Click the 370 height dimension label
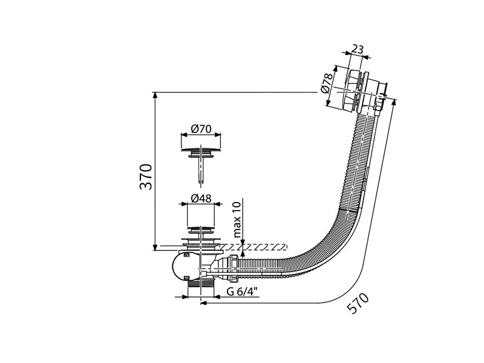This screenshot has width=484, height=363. pos(146,177)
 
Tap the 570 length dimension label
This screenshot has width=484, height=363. pos(358,303)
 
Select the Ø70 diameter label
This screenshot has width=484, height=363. pos(201,129)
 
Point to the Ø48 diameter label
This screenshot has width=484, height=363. pos(201,198)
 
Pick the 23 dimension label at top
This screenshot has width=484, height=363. pos(358,49)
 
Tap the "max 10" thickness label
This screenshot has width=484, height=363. pos(237,220)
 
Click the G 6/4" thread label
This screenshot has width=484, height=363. pos(242,291)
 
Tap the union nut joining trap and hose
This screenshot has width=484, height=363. pos(234,267)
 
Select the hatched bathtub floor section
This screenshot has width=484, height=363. pos(253,247)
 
